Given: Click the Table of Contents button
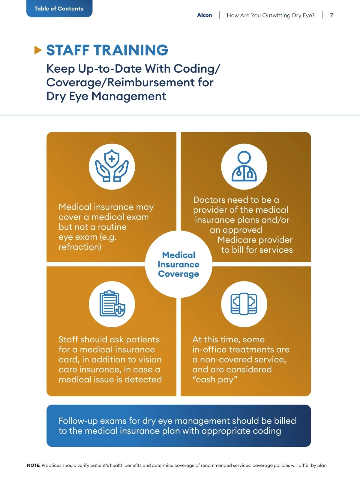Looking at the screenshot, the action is pos(59,8).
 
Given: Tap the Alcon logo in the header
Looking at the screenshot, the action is pos(204,15).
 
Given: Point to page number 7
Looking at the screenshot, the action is pos(331,15).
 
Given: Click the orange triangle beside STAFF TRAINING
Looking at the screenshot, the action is pos(38,50).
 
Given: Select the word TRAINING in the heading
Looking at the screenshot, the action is pos(131,50).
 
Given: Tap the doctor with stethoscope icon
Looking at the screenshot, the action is pos(244,166).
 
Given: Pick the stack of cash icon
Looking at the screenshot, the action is pos(244,304).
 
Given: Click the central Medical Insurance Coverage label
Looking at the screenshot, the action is pos(178,264).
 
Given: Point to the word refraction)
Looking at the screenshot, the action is pos(80,247).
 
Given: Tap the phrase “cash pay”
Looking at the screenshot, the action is pos(215,380).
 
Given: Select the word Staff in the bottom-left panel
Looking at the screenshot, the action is pos(68,339).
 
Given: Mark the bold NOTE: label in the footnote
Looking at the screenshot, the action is pos(34,465).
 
